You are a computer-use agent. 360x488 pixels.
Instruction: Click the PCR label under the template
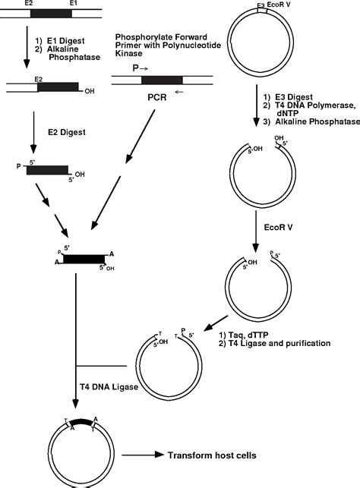coord(157,97)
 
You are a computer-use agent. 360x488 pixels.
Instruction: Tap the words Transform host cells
coord(212,455)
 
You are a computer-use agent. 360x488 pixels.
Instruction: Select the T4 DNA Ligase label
coord(109,387)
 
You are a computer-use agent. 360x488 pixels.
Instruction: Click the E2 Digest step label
coord(67,132)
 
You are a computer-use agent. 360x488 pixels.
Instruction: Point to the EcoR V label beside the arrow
coord(279,227)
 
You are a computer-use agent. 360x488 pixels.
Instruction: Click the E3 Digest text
coord(294,97)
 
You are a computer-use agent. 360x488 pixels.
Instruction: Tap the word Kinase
coord(128,53)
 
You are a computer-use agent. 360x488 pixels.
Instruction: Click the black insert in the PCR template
coord(162,80)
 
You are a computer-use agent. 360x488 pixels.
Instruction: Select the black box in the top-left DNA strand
coord(51,14)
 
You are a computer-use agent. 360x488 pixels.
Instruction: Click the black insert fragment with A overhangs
coord(84,259)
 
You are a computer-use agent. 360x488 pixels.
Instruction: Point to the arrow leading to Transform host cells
coord(143,455)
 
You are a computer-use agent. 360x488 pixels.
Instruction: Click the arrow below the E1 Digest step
coord(27,47)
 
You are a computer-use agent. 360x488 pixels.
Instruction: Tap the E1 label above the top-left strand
coord(74,4)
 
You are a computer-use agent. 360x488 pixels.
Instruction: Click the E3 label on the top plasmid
coord(261,5)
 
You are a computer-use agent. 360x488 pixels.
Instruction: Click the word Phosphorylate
coord(135,37)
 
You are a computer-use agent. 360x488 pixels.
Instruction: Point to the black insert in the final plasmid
coord(81,423)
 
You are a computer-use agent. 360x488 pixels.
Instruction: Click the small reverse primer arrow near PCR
coord(179,92)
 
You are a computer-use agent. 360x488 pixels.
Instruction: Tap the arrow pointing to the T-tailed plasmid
coord(216,323)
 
